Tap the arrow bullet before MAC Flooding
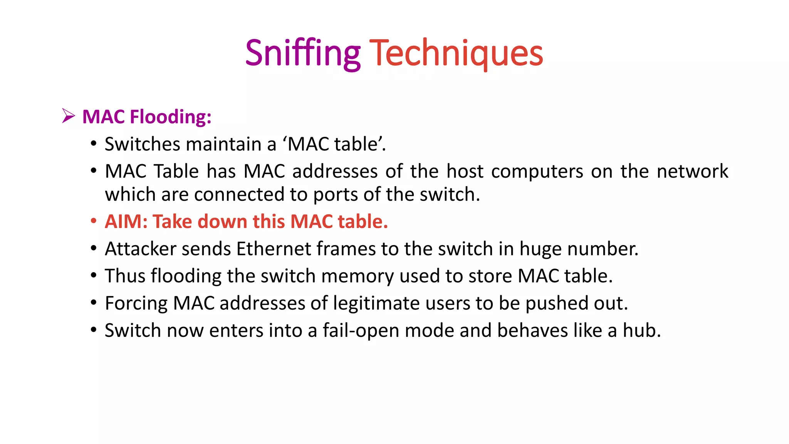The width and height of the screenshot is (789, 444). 68,116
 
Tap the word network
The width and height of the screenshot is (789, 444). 692,172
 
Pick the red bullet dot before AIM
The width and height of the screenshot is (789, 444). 93,222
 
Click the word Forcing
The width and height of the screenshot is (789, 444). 136,303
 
